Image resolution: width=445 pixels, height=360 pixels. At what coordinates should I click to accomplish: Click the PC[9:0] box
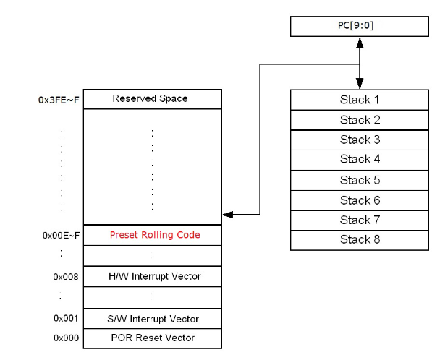pos(360,27)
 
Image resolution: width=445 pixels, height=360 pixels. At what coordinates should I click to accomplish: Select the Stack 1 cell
pos(360,100)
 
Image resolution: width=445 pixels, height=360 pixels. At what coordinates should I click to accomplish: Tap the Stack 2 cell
pos(360,120)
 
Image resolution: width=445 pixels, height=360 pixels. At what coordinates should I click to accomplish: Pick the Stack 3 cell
pos(360,140)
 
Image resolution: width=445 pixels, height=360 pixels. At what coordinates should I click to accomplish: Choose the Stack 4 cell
pos(360,159)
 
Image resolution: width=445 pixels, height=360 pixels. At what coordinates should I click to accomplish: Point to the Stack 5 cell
pos(360,180)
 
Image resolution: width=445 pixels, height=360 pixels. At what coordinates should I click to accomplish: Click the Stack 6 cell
pos(360,200)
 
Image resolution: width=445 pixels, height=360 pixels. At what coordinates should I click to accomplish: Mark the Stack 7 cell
pos(360,220)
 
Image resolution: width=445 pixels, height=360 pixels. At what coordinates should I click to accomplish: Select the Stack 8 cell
pos(360,240)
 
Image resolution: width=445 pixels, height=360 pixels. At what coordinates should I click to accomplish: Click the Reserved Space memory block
pos(150,99)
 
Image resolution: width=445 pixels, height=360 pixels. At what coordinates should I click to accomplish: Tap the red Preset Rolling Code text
pos(155,235)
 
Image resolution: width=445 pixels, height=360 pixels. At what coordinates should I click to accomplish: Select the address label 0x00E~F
pos(58,235)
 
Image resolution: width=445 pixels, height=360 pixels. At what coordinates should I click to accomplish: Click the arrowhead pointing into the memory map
pos(228,215)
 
